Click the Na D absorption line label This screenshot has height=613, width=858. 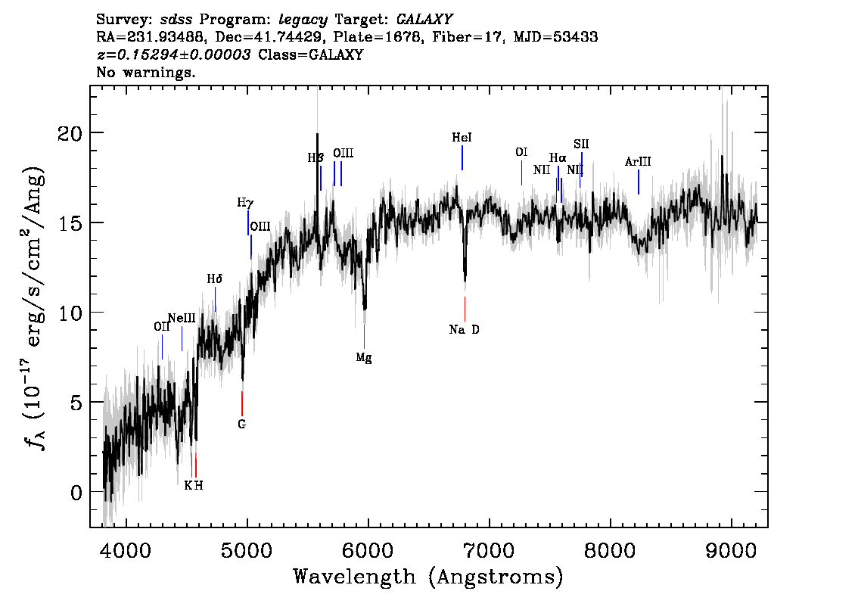point(464,329)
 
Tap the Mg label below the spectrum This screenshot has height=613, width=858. point(364,357)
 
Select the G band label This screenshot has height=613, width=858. point(241,424)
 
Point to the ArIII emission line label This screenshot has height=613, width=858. point(638,161)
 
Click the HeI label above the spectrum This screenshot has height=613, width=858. point(462,138)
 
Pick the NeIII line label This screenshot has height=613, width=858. point(182,318)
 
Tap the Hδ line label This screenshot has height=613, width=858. point(215,279)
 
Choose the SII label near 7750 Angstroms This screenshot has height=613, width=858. point(581,143)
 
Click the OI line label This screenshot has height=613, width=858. point(521,152)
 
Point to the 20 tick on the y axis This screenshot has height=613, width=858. point(70,133)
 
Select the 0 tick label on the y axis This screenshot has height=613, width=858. point(76,493)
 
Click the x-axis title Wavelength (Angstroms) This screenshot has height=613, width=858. point(428,577)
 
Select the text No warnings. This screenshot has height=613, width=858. point(146,73)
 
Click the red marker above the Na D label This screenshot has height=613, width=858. point(465,308)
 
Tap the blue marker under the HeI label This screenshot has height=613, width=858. point(462,157)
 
